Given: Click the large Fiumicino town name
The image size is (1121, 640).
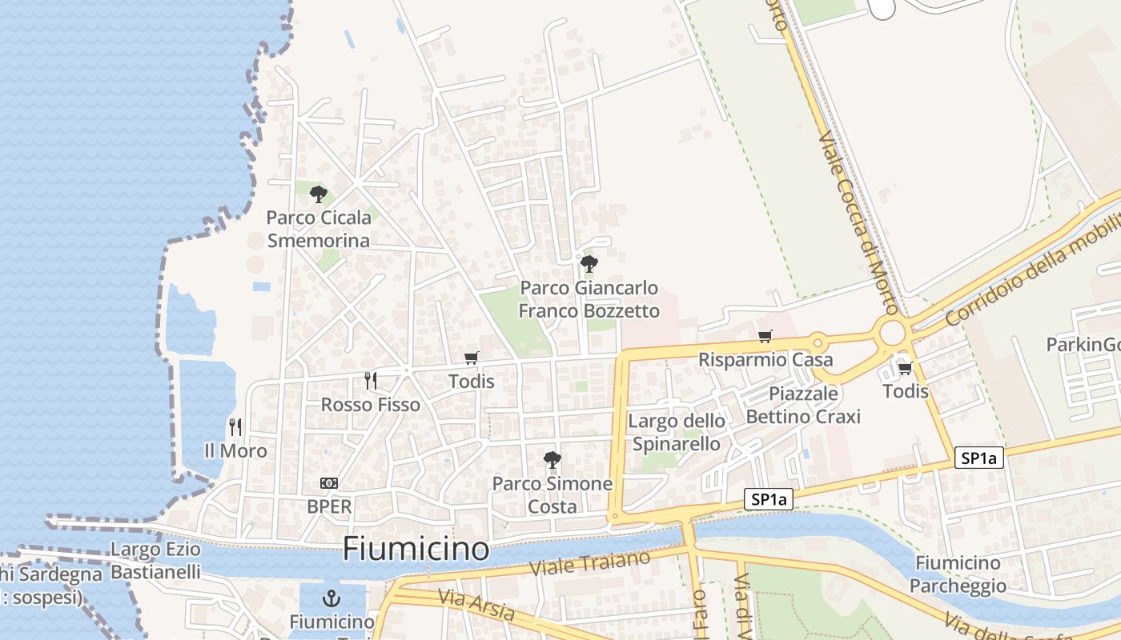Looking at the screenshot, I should coord(416,549).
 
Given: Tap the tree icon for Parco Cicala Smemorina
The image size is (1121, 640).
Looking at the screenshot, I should coord(319,194).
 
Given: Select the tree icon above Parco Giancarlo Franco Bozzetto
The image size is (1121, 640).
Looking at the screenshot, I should coord(589,263).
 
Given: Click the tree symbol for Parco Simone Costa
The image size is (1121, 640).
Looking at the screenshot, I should coord(552,459).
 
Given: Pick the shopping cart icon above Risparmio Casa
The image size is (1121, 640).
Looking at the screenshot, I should coord(765,336).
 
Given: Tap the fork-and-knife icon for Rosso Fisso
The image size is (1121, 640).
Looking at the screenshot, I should coord(370,380).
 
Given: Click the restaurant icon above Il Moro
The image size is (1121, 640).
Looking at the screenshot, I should coord(235,426).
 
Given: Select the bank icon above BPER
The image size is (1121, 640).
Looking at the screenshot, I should coord(329,483).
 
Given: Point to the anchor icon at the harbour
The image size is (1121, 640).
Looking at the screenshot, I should coord(331,598).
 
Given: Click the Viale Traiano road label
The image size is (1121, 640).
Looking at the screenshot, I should coord(591,564).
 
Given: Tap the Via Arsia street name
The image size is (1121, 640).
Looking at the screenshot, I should coord(476,605).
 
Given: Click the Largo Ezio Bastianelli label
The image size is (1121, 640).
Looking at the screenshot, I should coord(155,561).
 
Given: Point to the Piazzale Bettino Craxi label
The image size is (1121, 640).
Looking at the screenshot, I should coord(803,405).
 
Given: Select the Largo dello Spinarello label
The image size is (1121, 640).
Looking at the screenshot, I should coord(677,432).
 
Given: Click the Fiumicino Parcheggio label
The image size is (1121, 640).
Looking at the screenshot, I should coord(958,574).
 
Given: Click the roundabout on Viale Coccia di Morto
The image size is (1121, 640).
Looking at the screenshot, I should coord(891,332).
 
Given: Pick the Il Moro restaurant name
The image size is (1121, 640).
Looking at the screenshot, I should coord(235,451).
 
